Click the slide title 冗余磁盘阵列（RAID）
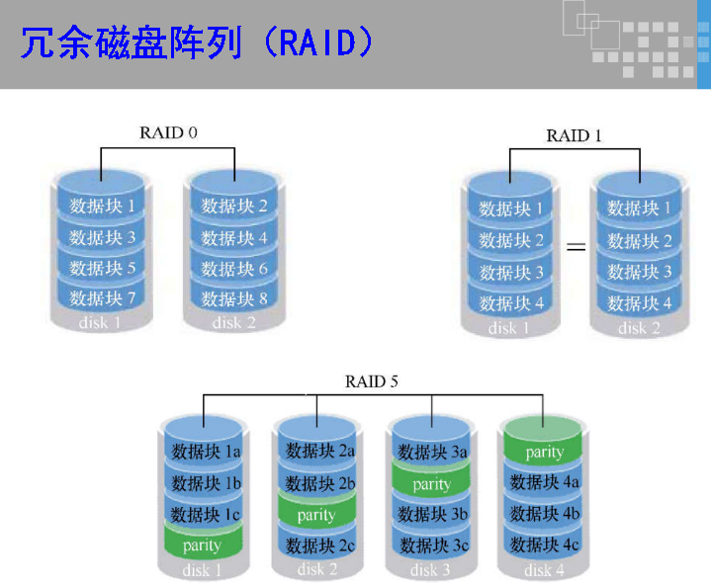[198, 43]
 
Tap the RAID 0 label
[168, 132]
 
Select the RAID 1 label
[575, 135]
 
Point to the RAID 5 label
[371, 380]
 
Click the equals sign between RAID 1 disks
[576, 246]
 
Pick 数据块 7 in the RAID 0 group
[102, 297]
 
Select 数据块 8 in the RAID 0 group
[234, 296]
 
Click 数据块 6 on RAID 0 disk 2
[234, 268]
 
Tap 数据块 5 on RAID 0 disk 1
[102, 267]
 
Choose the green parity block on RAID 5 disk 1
[202, 544]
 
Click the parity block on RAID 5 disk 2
[316, 514]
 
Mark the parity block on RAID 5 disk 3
[431, 484]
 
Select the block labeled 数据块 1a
[202, 453]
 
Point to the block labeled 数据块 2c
[316, 545]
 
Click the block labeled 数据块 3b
[431, 515]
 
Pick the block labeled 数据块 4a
[544, 482]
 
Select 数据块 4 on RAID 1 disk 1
[511, 303]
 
